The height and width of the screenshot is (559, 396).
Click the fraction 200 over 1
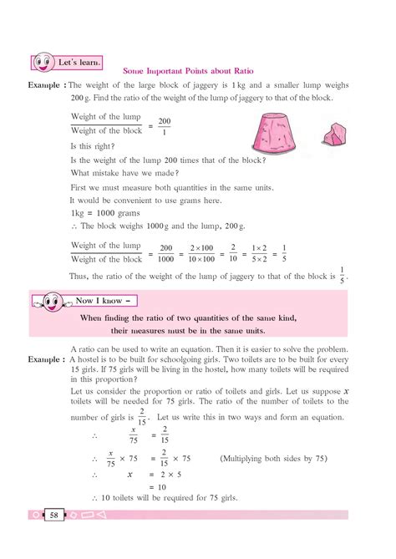(x=164, y=126)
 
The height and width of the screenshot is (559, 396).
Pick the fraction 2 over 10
(x=234, y=253)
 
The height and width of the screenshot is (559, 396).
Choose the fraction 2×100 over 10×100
(x=201, y=253)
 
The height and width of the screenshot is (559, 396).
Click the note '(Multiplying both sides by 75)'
(x=273, y=458)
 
